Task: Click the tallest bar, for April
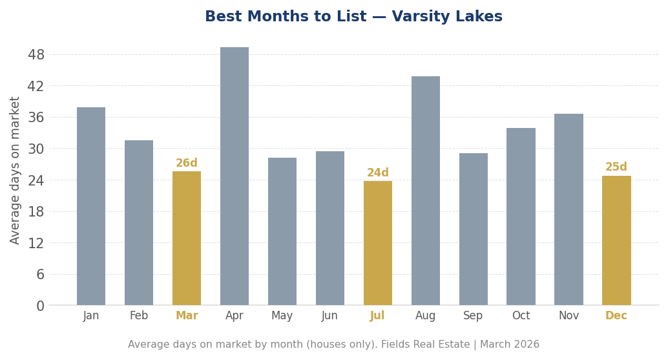click(235, 176)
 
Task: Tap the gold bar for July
click(378, 243)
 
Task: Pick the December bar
click(616, 240)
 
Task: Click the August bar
click(426, 191)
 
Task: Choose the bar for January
click(91, 206)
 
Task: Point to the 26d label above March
click(187, 164)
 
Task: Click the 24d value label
click(378, 173)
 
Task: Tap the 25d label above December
click(616, 167)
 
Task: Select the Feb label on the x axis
click(139, 316)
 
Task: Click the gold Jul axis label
click(378, 316)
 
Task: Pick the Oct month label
click(521, 316)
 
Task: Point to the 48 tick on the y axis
click(36, 55)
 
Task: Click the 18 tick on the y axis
click(36, 212)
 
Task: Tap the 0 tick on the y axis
click(40, 306)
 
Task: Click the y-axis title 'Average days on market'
click(16, 170)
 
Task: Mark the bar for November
click(569, 209)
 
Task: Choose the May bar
click(282, 231)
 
